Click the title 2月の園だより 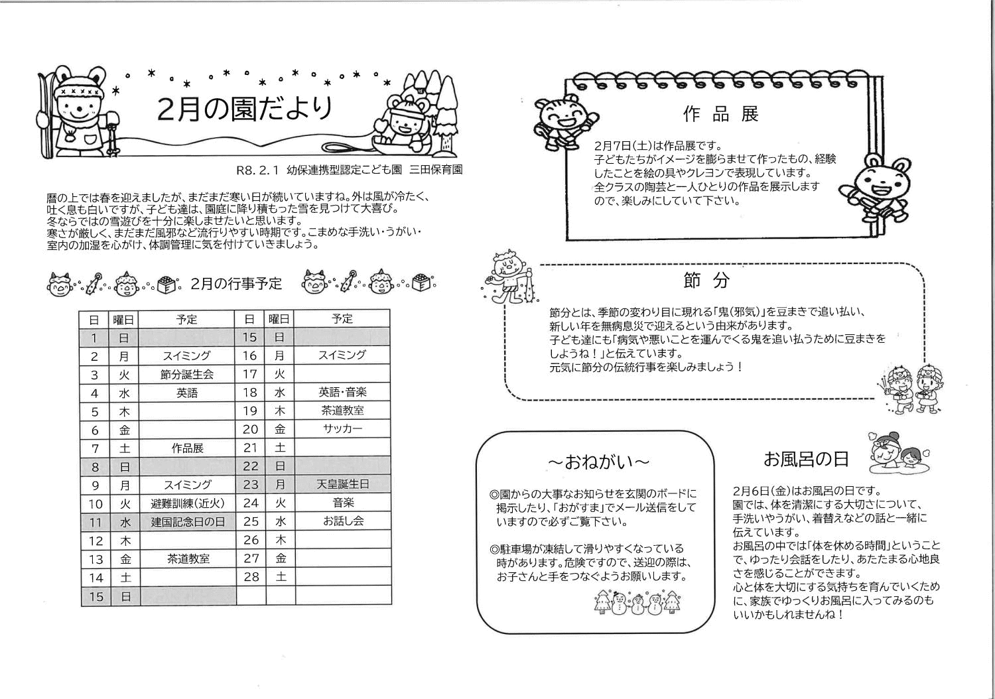(245, 109)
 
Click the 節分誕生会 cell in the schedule (187, 375)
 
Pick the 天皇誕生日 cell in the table (342, 485)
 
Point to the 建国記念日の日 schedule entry (188, 522)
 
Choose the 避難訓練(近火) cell (188, 503)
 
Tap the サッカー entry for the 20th (342, 429)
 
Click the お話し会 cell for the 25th (342, 521)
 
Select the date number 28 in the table (251, 577)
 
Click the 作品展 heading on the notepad (720, 114)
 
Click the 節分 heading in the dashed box (706, 281)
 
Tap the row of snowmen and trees (637, 602)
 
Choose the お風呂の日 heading (805, 458)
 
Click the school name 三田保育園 (436, 170)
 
